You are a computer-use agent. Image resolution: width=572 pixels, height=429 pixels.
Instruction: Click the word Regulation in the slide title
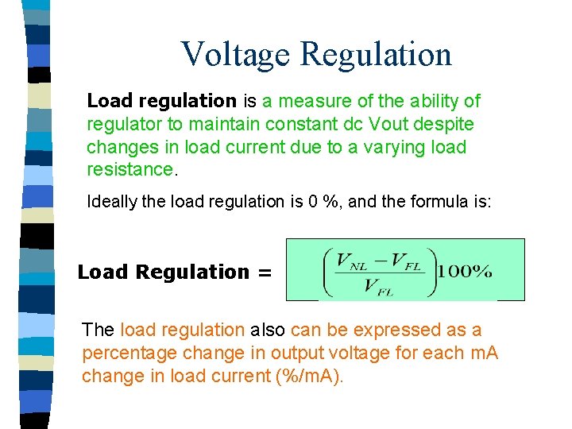click(x=377, y=54)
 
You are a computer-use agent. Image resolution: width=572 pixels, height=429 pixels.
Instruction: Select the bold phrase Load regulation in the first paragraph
click(x=161, y=101)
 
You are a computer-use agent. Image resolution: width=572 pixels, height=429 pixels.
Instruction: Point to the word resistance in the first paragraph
click(x=129, y=169)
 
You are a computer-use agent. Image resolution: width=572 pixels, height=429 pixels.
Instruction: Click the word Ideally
click(x=113, y=202)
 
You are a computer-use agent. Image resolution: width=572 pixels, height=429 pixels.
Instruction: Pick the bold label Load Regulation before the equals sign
click(x=163, y=272)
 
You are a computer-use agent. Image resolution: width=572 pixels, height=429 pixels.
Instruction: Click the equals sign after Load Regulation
click(x=265, y=272)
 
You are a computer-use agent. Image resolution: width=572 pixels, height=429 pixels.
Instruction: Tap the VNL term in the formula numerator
click(x=350, y=260)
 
